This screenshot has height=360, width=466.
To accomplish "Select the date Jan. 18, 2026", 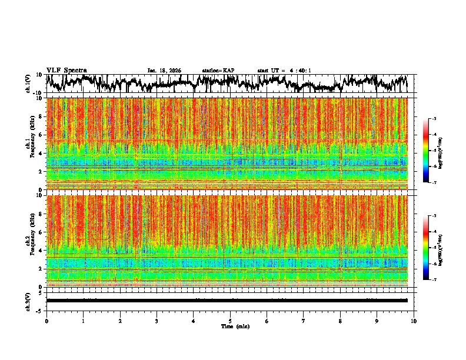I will (x=164, y=71).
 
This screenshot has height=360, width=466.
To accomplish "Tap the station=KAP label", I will (x=218, y=71).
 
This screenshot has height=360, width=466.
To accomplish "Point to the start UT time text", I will (x=284, y=71).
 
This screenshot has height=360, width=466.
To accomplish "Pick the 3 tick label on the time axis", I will (x=157, y=321).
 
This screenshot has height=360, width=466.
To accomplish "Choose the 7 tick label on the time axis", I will (x=304, y=321).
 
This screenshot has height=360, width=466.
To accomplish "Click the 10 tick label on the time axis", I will (x=414, y=321).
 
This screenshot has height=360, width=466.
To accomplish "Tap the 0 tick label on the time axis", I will (x=46, y=321).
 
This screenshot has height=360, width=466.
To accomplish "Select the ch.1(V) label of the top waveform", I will (x=28, y=84).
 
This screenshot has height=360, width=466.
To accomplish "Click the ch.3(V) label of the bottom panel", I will (x=28, y=301).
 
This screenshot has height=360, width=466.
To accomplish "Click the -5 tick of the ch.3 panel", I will (x=39, y=310).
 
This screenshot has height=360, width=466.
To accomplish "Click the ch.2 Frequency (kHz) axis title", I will (x=29, y=240).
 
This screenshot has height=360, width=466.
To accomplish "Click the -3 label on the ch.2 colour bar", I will (x=440, y=216).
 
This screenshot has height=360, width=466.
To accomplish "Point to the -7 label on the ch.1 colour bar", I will (x=440, y=182).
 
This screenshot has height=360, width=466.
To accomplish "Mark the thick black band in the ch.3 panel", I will (x=227, y=300).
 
